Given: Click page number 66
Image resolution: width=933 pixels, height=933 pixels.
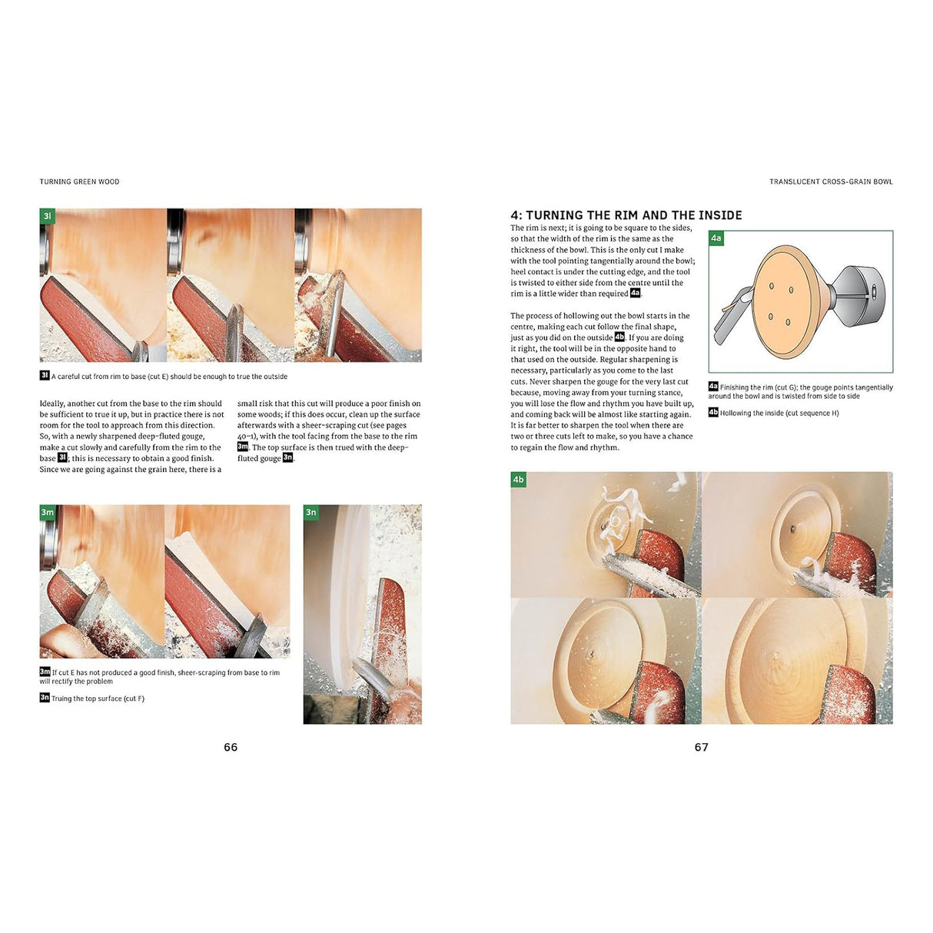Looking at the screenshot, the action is [231, 747].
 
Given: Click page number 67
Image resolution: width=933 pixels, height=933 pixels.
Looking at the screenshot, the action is [701, 747].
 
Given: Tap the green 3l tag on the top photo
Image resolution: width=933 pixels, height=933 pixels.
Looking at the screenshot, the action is [48, 217].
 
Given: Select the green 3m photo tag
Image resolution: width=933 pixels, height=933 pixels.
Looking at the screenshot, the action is [48, 513].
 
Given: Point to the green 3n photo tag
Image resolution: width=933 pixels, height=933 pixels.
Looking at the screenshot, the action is [310, 513].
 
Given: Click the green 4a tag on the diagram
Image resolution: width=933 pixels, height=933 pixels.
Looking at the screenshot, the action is [716, 238].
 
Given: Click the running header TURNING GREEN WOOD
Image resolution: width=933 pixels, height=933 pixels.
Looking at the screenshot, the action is [79, 182].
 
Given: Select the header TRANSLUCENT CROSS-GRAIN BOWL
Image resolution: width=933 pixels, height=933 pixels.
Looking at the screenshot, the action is [831, 182].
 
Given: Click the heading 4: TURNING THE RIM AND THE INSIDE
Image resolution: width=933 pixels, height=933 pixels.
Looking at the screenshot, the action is [626, 215].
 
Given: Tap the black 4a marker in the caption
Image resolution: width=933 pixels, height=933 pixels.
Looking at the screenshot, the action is [713, 387].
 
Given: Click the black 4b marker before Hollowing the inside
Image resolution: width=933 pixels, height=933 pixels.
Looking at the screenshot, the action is [713, 412].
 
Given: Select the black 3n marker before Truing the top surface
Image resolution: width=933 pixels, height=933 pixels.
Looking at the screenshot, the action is [45, 697].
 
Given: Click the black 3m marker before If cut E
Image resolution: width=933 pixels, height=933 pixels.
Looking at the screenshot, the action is [45, 672].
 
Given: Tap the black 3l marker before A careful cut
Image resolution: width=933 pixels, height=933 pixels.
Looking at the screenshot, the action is [45, 375].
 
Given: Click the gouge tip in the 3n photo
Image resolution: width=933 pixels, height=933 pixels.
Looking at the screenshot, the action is [358, 666].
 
